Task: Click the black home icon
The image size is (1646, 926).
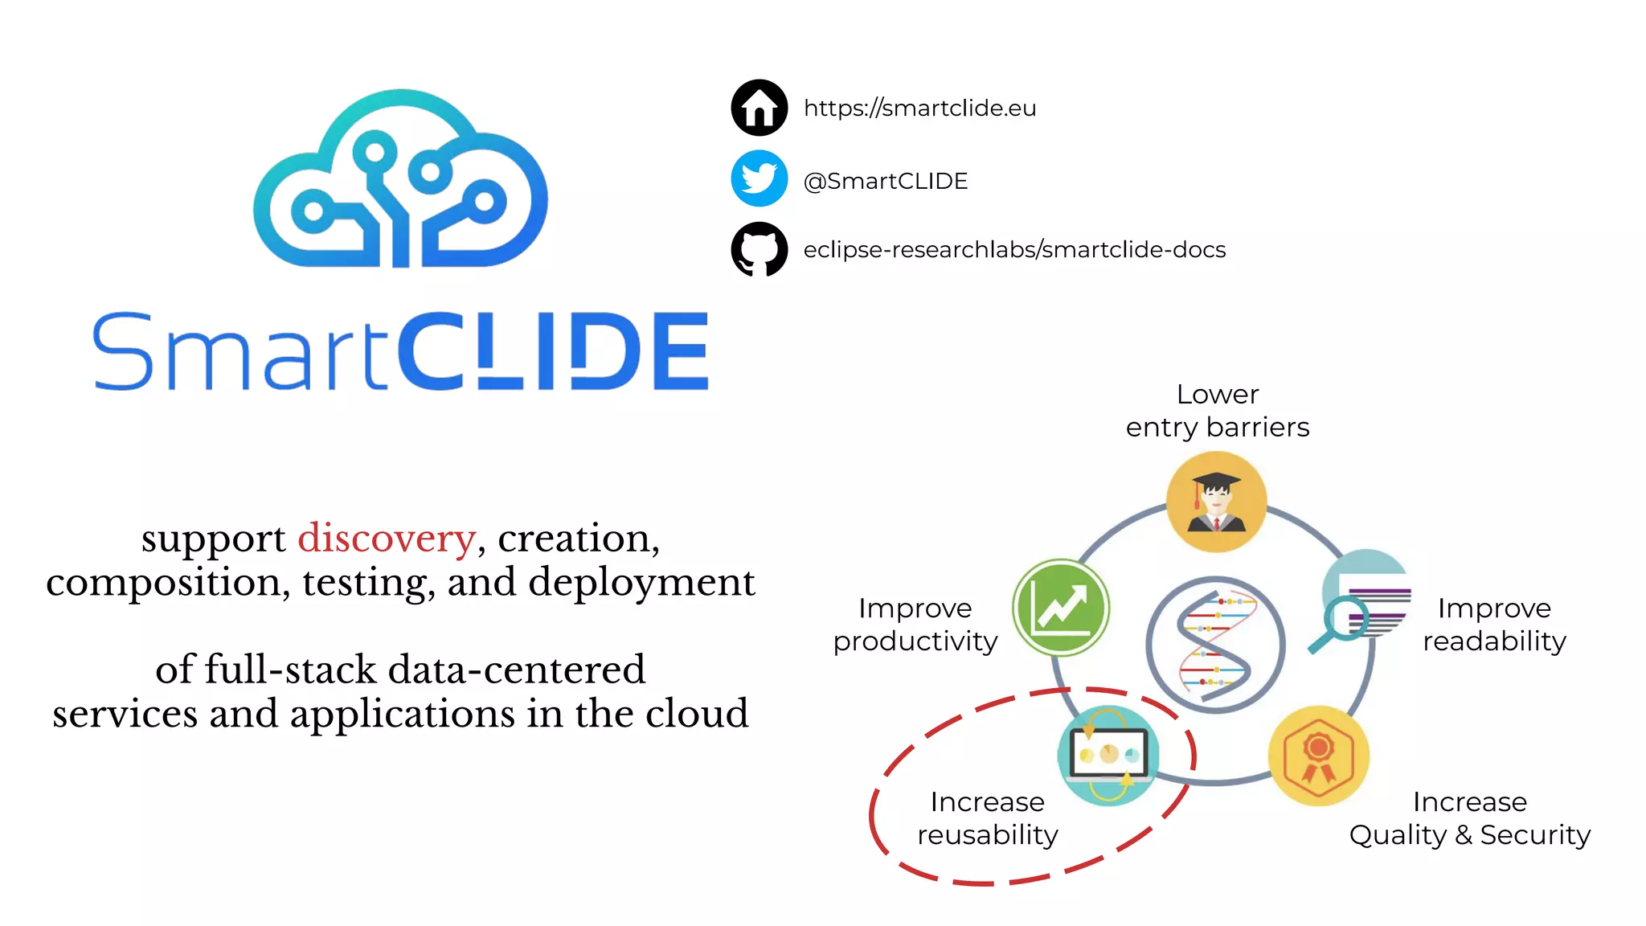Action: (759, 108)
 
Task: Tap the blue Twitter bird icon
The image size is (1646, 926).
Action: (759, 178)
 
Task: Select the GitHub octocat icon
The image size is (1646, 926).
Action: (759, 249)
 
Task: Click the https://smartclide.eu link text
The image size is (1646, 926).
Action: (919, 108)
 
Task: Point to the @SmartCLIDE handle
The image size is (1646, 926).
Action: (886, 181)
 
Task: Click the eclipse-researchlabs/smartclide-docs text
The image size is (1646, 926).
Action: (1014, 249)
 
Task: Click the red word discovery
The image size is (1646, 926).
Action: (387, 538)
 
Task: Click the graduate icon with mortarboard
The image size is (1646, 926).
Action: (1216, 502)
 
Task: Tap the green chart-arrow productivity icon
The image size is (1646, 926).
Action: (1061, 608)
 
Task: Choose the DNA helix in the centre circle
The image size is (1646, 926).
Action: (1215, 645)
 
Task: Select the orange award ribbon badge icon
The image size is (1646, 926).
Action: (1318, 756)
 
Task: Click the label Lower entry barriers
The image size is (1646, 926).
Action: (1217, 411)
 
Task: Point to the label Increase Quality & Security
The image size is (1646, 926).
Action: (1469, 818)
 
